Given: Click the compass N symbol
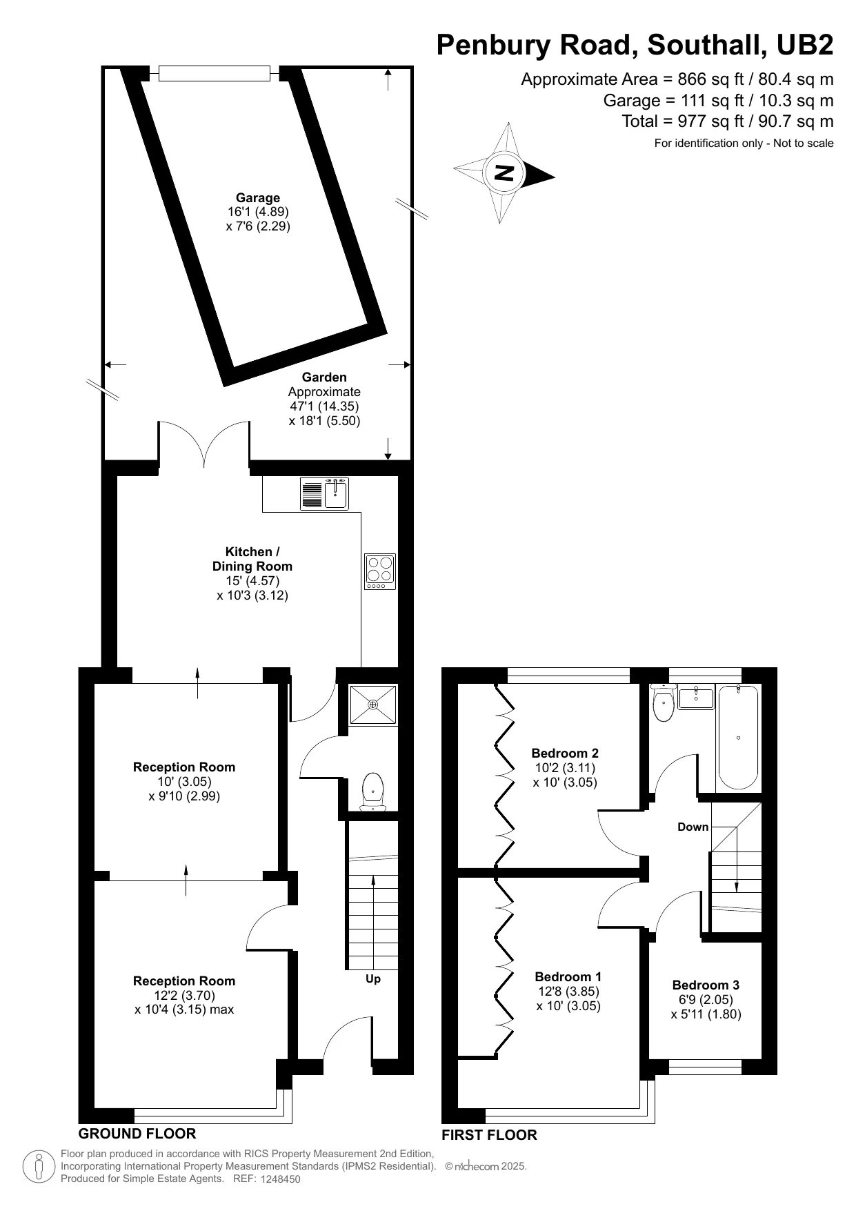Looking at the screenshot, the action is pos(505,173).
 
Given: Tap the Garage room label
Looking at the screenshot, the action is pos(258,198).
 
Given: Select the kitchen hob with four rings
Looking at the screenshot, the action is pos(380,571).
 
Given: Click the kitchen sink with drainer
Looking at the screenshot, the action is pos(324,493).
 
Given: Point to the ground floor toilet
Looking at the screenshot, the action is pos(372,791).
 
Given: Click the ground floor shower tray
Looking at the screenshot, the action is pos(373,705).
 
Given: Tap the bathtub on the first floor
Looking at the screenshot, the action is pos(738,738).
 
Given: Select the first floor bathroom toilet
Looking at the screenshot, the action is pos(664,702).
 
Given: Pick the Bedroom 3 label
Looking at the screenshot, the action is pos(706,985).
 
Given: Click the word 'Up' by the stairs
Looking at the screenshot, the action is pos(373,979).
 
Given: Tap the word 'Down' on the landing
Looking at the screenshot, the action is pos(693,827).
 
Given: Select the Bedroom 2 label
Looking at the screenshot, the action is pos(565,754).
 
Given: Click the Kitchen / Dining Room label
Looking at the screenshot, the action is pos(252,559).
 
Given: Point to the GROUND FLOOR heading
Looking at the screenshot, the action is pos(137,1134).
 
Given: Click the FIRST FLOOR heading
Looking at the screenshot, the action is pos(489,1135).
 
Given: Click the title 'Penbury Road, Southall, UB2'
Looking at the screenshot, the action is pos(635,45).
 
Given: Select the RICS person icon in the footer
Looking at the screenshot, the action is pos(39,1167).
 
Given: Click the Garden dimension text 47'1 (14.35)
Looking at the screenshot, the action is pos(324,406).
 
